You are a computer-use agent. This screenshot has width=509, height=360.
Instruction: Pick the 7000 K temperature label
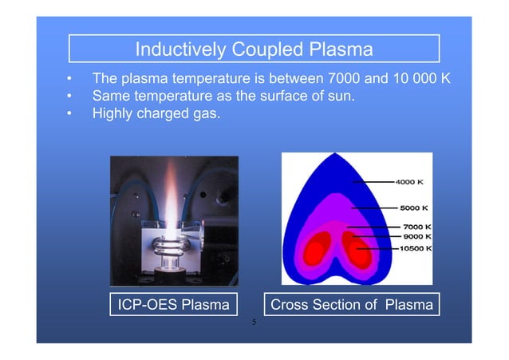pos(416,227)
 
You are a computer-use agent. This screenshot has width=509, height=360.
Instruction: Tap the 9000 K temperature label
pos(416,236)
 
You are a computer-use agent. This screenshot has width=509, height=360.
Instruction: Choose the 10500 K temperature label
pos(414,249)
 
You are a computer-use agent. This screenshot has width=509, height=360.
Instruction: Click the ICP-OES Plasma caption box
pos(173,304)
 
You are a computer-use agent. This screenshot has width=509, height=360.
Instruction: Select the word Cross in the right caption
pos(291,304)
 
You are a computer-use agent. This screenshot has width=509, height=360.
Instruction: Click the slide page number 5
pos(254,322)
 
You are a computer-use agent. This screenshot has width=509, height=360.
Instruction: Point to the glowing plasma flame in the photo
pos(174,200)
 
